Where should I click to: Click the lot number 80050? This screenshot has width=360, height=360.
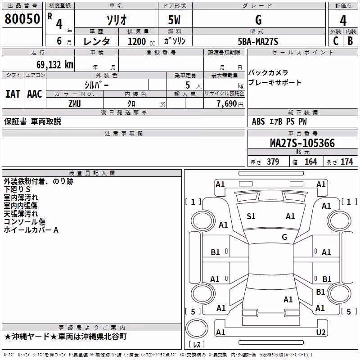tap(22, 18)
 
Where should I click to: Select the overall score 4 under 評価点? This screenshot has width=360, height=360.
tap(343, 21)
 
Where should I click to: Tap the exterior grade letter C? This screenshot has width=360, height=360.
tap(336, 41)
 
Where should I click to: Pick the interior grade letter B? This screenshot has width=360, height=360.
tap(350, 41)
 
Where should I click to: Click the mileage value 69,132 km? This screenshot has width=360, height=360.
tap(55, 65)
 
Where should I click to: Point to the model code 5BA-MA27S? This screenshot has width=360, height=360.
tap(258, 41)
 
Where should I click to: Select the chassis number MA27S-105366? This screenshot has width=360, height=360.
tap(302, 143)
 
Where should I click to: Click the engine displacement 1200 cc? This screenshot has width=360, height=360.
tap(141, 41)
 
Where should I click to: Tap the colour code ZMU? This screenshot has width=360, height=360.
tap(75, 104)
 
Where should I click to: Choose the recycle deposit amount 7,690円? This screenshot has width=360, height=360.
tap(230, 104)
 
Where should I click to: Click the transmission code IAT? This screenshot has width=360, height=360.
tap(13, 94)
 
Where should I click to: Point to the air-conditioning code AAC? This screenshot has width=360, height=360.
tap(35, 94)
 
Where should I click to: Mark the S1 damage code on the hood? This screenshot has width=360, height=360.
tap(251, 216)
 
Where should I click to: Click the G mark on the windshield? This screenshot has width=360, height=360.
tap(284, 237)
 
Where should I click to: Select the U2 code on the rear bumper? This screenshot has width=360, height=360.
tap(321, 332)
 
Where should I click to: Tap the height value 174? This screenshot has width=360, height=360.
tap(346, 162)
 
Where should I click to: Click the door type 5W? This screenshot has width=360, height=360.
tap(174, 20)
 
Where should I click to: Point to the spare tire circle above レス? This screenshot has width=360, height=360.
tap(197, 328)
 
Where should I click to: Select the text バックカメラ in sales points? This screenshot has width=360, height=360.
tap(268, 72)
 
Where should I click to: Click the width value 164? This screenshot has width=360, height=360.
tap(310, 162)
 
